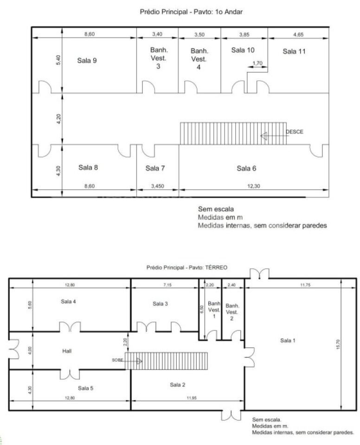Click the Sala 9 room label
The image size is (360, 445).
(x=87, y=60)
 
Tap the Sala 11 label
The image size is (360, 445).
(x=294, y=51)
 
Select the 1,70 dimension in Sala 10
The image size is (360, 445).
(x=257, y=63)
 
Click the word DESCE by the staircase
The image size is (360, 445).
(x=295, y=132)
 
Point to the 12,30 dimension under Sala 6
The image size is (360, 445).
(x=253, y=186)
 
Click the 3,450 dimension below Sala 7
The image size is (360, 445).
(x=157, y=186)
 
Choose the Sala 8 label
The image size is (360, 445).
(x=88, y=167)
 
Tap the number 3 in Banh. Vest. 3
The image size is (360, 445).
(x=158, y=66)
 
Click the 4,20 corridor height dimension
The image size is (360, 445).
(x=58, y=119)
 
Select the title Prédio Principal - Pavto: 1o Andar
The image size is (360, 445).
(x=191, y=12)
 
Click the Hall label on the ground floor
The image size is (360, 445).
(x=67, y=351)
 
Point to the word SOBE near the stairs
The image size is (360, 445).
(x=117, y=360)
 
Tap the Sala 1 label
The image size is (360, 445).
(x=288, y=340)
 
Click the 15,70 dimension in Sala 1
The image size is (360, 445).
(x=338, y=344)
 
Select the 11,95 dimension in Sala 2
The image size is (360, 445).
(x=192, y=398)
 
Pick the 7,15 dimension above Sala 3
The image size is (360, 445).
(x=167, y=285)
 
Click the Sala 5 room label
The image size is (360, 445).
(x=85, y=388)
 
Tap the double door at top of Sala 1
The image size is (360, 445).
(x=259, y=274)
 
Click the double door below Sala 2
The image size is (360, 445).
(x=231, y=415)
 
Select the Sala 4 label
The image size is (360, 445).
(x=68, y=301)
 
